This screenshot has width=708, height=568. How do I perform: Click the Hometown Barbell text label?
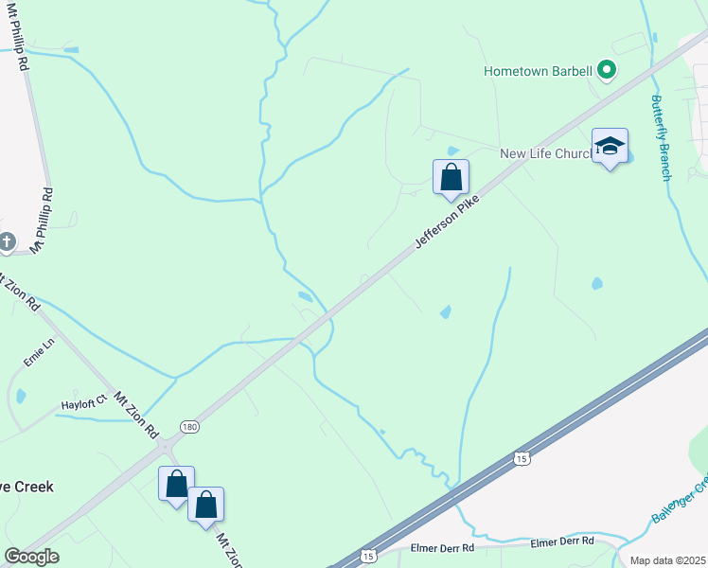point(537,71)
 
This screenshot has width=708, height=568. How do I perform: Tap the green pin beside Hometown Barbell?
point(606,70)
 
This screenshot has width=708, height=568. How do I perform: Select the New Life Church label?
point(545,153)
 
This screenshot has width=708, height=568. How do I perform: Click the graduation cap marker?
point(610,147)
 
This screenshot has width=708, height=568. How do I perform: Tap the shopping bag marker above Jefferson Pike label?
point(451,177)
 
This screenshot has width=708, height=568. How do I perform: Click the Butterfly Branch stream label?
point(661,137)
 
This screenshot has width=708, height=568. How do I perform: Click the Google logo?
point(31,557)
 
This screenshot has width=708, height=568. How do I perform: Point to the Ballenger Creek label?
point(681,503)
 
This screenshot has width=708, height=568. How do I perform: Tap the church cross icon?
point(7,242)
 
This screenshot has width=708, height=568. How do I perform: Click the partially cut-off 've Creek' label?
point(27,487)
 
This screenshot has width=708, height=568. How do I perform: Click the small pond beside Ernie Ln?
point(21,396)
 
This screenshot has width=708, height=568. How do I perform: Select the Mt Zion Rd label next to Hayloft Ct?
point(136,416)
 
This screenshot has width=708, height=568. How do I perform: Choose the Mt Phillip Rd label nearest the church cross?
point(43,221)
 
